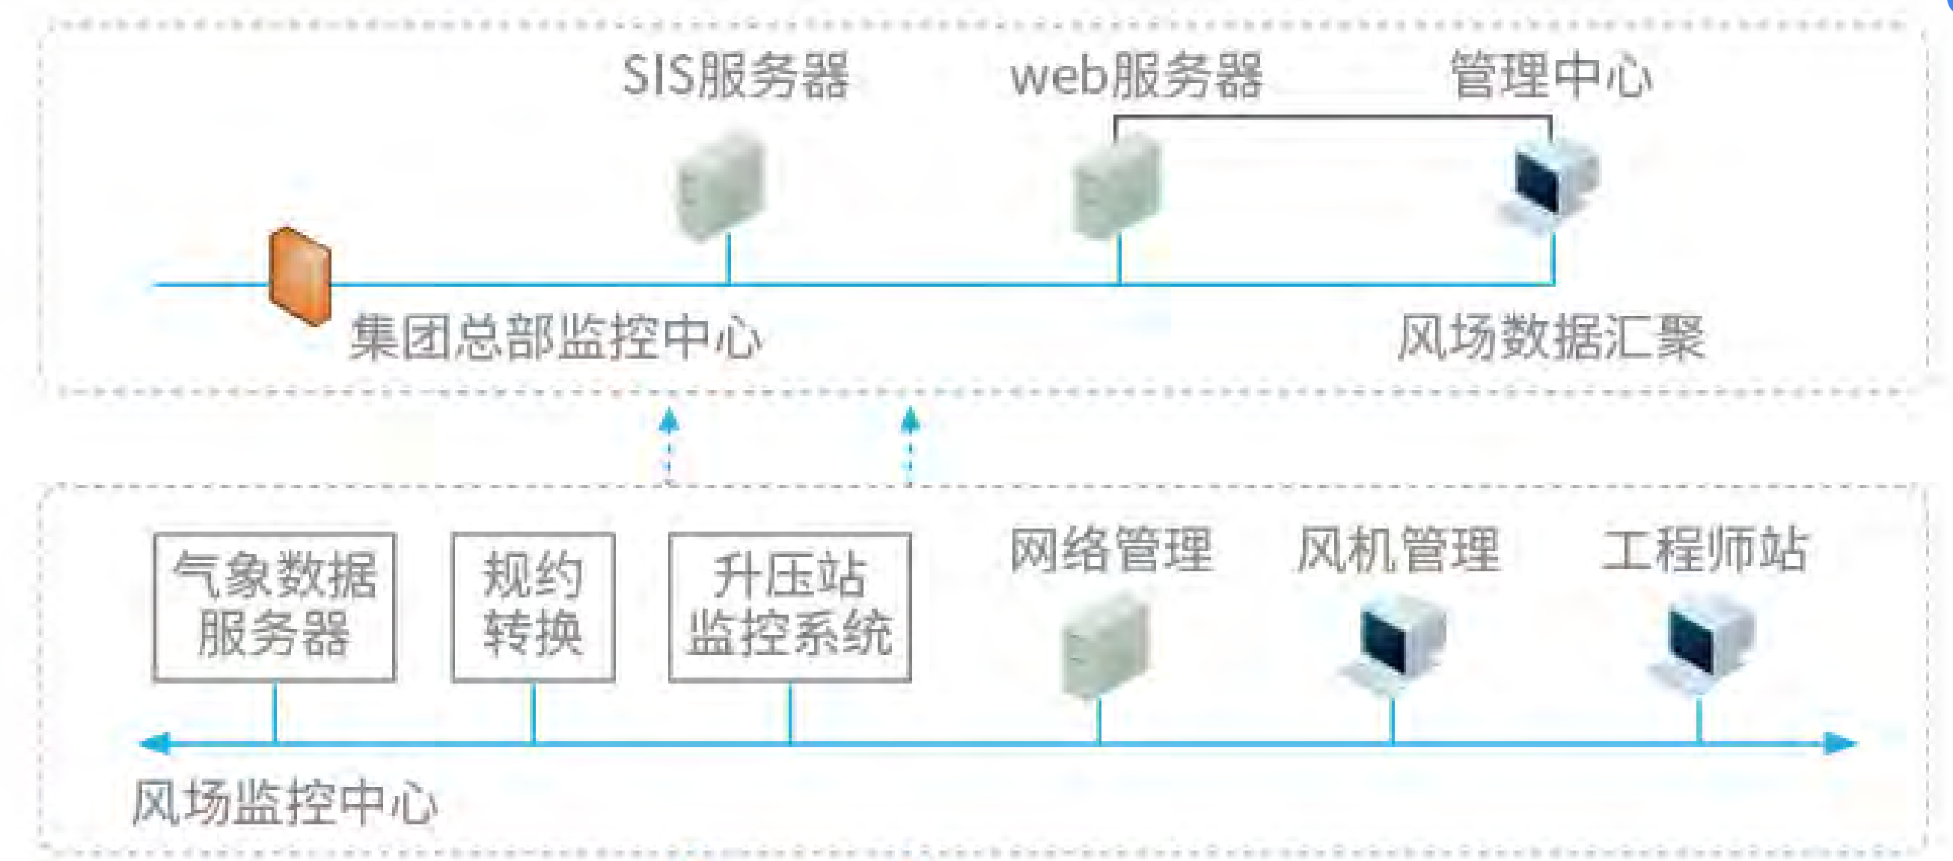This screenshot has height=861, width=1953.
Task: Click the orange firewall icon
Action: [300, 276]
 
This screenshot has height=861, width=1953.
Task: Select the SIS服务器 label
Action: [736, 76]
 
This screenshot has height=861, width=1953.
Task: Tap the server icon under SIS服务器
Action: [721, 183]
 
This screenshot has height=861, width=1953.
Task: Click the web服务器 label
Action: [1137, 76]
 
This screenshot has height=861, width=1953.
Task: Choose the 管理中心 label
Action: [1551, 76]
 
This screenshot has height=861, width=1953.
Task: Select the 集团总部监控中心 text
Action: [556, 338]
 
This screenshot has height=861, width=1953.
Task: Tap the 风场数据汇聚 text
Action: [1551, 338]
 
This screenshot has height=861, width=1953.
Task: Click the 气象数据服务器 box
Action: [275, 606]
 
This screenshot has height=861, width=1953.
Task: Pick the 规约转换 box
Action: [533, 606]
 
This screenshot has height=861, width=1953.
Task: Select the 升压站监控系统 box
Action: [790, 606]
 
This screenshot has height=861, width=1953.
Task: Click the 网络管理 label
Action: [1111, 550]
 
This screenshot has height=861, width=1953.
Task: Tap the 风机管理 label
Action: [1398, 550]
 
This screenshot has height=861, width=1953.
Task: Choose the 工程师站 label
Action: [1705, 550]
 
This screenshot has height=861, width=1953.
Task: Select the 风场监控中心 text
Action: [285, 803]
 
